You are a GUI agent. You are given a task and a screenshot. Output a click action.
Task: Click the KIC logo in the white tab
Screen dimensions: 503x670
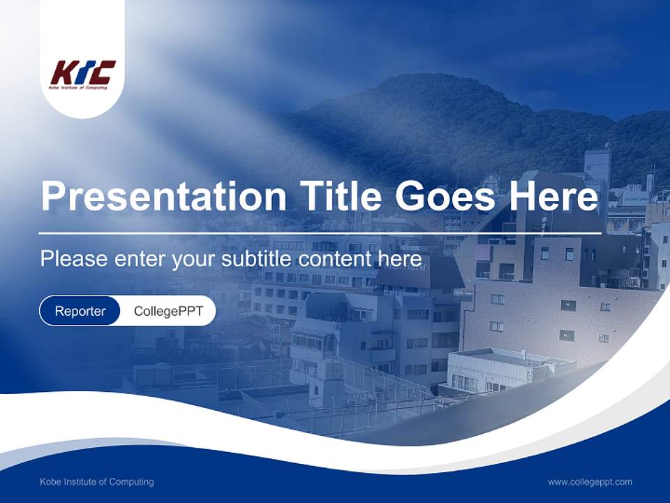(82, 74)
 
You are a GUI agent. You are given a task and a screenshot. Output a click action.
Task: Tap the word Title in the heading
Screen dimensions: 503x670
(339, 196)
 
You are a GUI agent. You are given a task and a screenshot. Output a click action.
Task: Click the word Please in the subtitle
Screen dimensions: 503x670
(73, 259)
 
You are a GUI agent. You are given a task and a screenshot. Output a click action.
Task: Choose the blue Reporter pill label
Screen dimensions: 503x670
(80, 311)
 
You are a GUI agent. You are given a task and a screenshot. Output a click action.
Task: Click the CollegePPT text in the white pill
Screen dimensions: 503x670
(168, 311)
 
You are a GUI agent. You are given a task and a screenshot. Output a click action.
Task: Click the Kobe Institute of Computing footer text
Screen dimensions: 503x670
(96, 482)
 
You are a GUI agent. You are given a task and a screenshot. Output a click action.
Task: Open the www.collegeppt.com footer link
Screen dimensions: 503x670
(590, 482)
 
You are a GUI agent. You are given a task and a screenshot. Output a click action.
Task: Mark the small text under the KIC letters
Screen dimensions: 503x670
(78, 87)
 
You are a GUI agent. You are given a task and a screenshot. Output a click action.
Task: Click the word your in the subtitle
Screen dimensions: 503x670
(195, 259)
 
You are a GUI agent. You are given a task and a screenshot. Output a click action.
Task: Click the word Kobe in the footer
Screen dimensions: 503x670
(50, 482)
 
